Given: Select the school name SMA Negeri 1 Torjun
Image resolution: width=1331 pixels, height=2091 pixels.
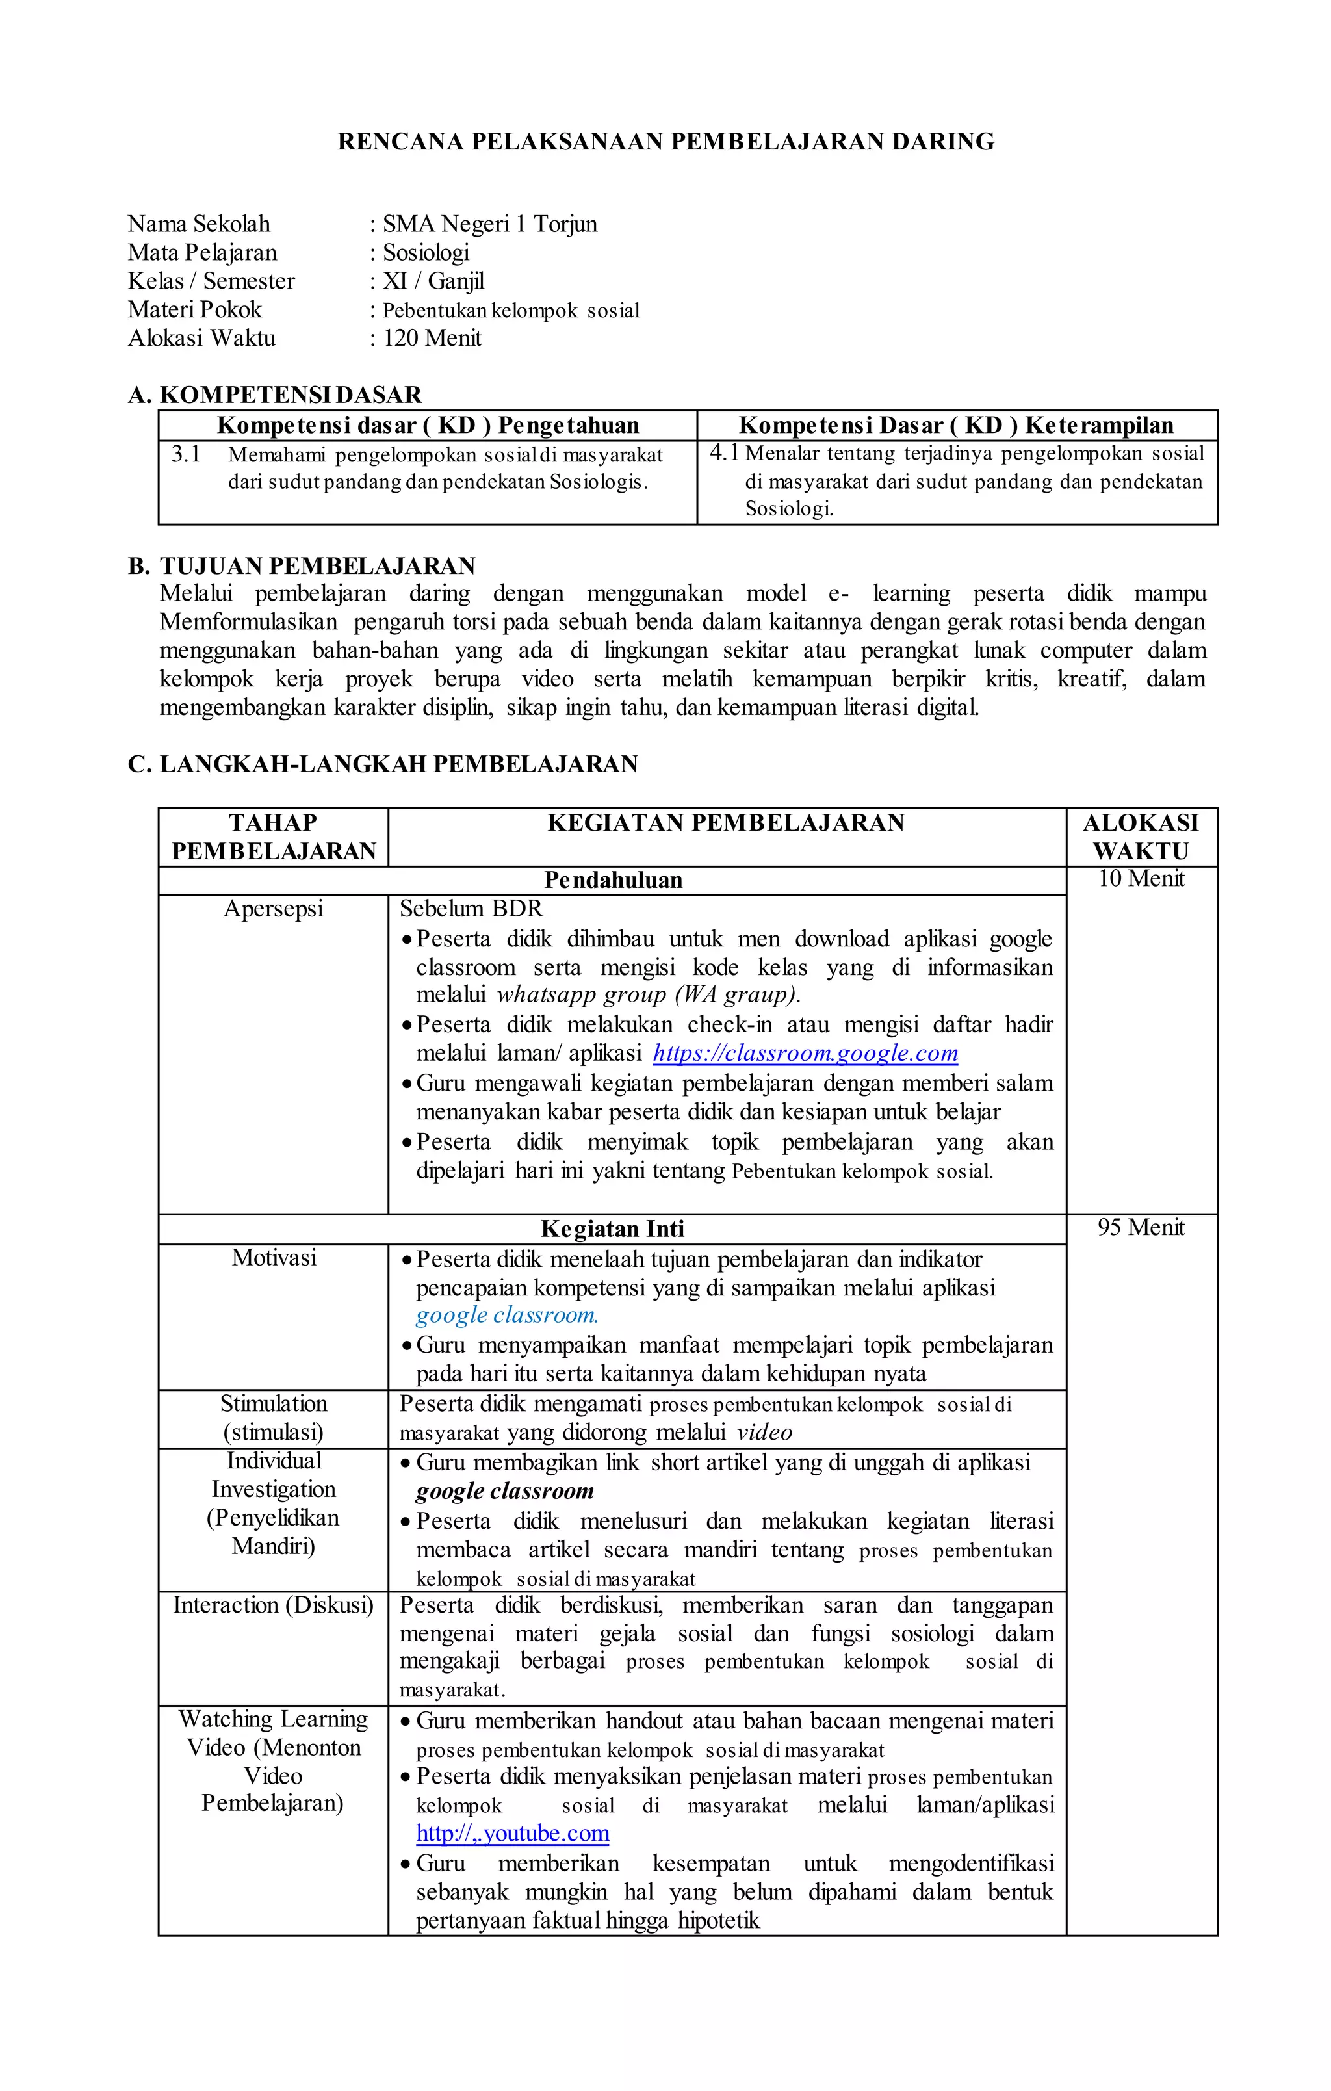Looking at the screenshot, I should (489, 224).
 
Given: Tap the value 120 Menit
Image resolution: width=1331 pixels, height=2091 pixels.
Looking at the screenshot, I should (432, 338).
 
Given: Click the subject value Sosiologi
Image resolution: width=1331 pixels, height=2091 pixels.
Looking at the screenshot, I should (426, 253).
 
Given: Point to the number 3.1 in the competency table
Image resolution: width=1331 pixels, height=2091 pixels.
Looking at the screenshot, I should (185, 454).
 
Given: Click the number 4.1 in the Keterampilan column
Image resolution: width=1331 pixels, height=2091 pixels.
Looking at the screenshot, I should (724, 452).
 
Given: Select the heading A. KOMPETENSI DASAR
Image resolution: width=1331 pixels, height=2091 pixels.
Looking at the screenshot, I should (274, 395).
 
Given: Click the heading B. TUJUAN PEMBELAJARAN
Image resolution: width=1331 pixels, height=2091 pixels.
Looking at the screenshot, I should (302, 566).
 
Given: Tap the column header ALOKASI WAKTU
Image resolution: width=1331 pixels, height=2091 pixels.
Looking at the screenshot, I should (1140, 837).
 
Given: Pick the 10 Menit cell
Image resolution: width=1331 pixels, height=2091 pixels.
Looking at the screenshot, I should (1140, 879).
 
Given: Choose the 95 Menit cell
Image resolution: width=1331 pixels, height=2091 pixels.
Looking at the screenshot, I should (1140, 1227).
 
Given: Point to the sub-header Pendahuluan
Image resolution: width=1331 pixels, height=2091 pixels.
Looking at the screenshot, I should (612, 881).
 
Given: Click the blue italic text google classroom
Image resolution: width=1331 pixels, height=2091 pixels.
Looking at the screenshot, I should (506, 1316).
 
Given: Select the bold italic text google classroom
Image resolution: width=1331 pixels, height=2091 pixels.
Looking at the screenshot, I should (504, 1491).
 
